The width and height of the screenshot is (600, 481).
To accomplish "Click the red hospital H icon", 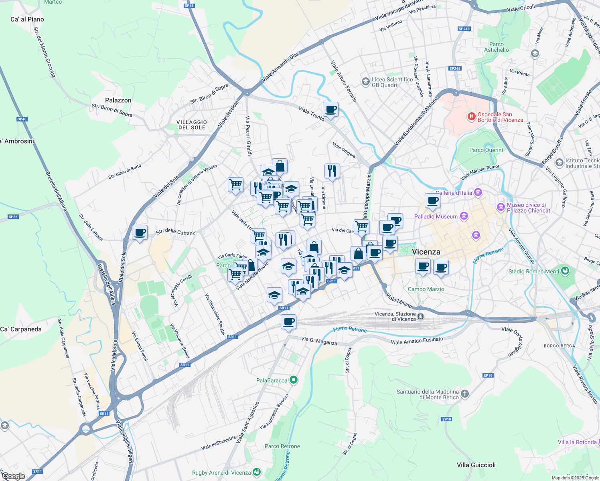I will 472,117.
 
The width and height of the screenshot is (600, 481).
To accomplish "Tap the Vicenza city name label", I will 426,252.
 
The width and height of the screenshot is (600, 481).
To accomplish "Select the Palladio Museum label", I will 436,216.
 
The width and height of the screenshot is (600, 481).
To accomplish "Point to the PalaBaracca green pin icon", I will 294,380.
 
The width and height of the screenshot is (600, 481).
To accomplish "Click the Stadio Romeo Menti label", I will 533,271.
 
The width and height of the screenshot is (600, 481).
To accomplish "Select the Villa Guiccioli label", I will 476,465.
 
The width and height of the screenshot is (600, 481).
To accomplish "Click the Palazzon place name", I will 118,100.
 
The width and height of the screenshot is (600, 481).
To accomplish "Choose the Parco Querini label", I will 486,150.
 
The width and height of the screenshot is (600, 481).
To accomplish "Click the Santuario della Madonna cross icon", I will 464,394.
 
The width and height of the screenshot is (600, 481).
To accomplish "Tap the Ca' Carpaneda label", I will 21,329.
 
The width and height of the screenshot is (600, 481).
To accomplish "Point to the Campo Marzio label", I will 426,289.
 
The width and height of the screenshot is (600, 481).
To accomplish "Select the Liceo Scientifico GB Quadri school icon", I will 365,82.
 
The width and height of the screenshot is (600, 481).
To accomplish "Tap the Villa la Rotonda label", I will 577,442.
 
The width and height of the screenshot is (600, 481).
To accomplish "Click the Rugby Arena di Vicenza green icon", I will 257,472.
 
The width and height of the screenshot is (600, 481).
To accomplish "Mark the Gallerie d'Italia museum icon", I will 478,192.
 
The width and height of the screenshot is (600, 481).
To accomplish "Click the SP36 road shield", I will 13,217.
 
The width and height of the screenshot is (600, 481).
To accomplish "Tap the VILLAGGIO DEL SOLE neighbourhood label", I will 192,125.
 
